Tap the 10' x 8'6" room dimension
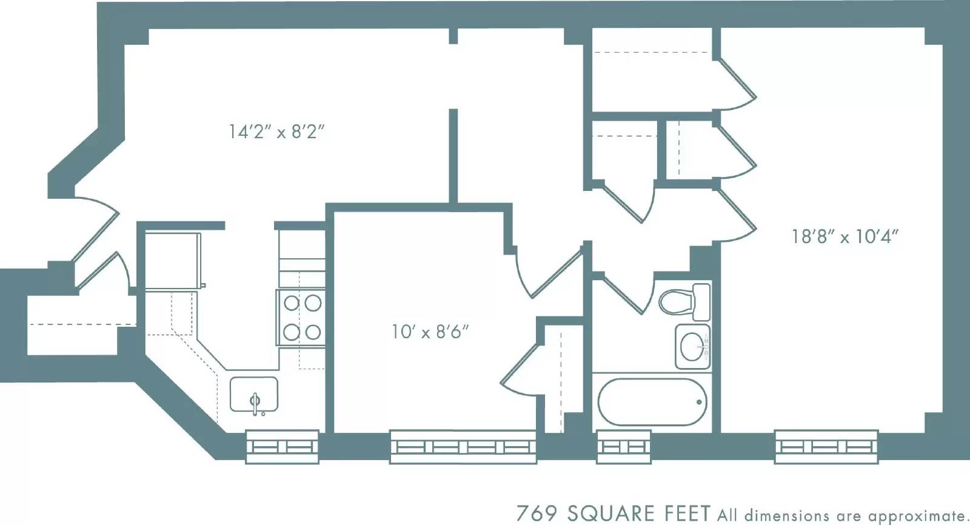click(430, 332)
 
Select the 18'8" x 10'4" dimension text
click(845, 236)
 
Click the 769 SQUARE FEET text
click(612, 513)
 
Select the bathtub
click(652, 403)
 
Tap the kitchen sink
click(254, 395)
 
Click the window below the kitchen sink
click(282, 447)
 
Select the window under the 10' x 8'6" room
click(463, 447)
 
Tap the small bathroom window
click(623, 447)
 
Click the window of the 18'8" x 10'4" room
click(826, 447)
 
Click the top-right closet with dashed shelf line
click(652, 70)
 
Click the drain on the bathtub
click(699, 402)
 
